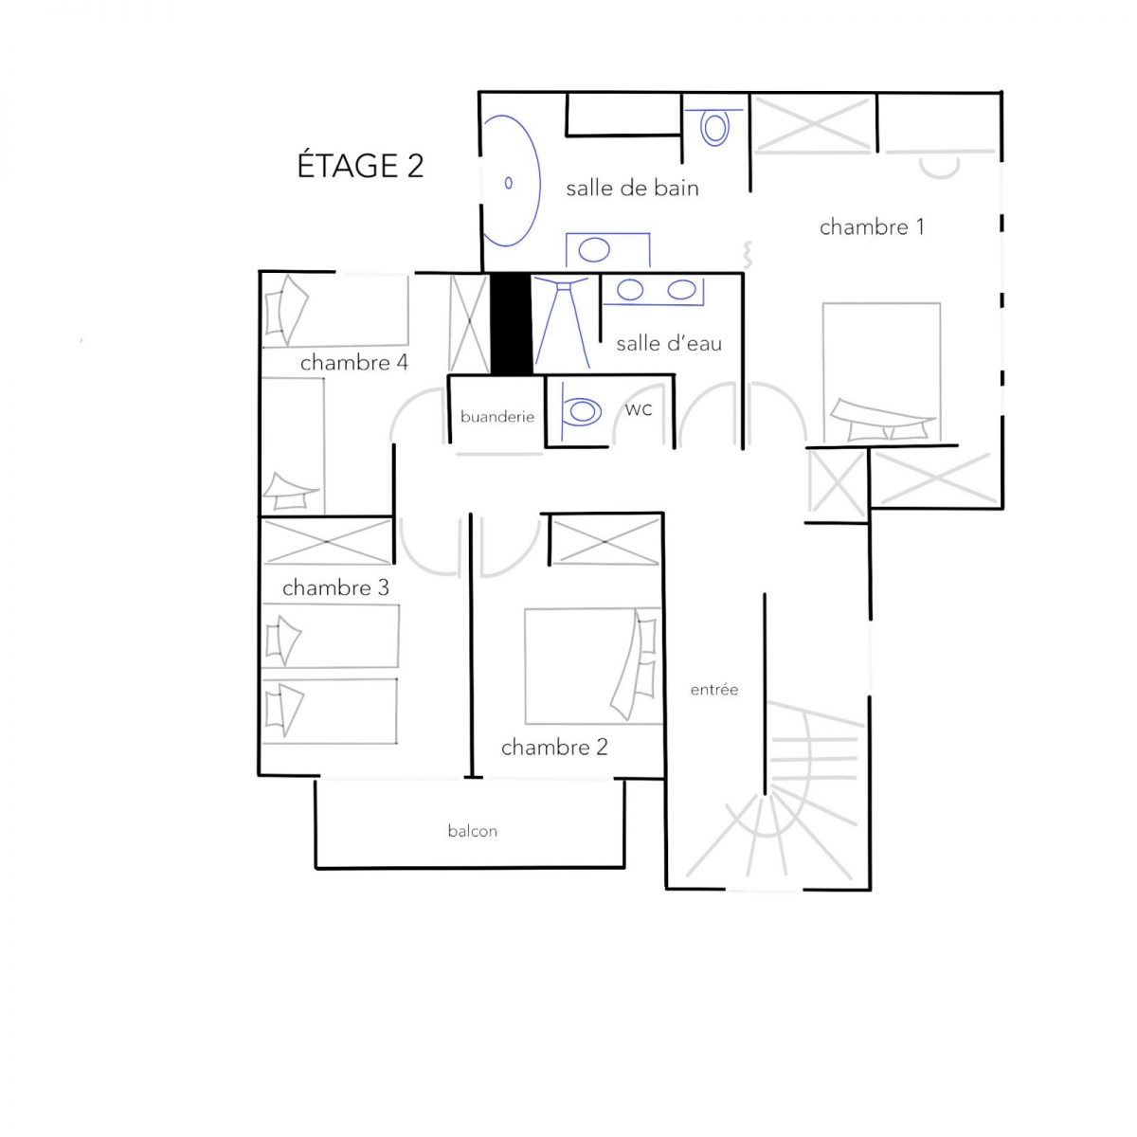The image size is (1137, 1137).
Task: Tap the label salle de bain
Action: (632, 189)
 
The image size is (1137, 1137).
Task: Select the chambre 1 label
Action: (872, 227)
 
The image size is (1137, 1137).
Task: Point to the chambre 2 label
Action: (554, 747)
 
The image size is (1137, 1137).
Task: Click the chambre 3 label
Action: (335, 587)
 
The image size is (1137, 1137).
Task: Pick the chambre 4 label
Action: (354, 362)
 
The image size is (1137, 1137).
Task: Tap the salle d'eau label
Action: (669, 343)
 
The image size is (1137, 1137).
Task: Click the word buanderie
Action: (497, 417)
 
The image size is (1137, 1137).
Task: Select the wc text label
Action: (639, 409)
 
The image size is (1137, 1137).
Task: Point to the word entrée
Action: (714, 689)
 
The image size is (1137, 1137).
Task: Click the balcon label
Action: (473, 831)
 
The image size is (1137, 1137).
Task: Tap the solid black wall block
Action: (512, 323)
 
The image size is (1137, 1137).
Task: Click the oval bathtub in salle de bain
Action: (512, 181)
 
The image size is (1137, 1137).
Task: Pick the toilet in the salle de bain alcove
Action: (714, 126)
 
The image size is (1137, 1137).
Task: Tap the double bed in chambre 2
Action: (593, 666)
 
